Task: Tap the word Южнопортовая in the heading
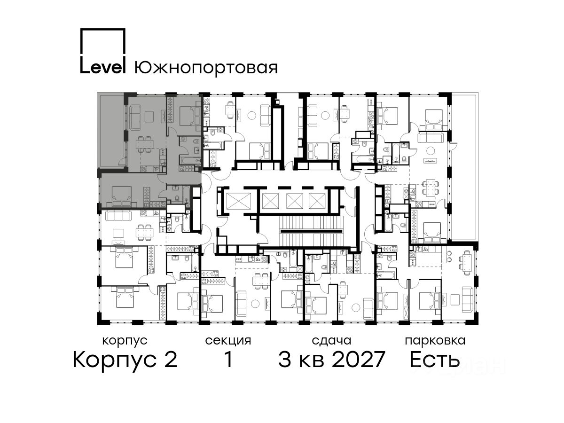pos(206,68)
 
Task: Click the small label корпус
pos(125,341)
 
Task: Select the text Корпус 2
pos(125,360)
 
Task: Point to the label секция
pos(228,341)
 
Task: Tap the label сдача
pos(332,341)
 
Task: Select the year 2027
pos(359,359)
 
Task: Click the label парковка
pos(435,341)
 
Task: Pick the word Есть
pos(435,359)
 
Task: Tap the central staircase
pos(312,231)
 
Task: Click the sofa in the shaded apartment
pos(134,117)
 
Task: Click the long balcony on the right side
pos(465,167)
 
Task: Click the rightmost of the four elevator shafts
pos(317,201)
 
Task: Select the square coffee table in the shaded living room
pos(149,117)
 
